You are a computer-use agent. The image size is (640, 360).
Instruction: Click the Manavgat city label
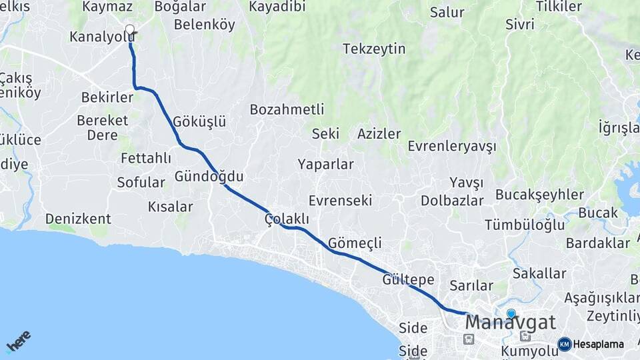510,323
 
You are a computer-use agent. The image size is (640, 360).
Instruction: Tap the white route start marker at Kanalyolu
129,29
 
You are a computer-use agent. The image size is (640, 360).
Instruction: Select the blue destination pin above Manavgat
511,313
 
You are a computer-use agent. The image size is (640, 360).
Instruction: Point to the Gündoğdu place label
209,177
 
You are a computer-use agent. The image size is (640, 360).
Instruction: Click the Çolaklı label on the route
287,219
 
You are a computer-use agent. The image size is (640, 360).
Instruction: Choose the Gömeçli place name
355,243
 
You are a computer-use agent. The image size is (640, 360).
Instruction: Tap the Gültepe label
408,279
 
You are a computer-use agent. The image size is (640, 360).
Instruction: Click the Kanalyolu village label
102,37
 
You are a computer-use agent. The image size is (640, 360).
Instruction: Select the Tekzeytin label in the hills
374,49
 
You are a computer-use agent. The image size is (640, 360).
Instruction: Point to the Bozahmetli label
287,109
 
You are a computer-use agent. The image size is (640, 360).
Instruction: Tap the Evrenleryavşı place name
452,146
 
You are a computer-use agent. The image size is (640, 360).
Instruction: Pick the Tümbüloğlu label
525,225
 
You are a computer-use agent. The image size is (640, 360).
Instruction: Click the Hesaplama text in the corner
599,344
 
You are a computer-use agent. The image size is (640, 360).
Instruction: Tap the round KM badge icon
565,344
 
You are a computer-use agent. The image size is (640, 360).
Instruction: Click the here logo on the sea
18,341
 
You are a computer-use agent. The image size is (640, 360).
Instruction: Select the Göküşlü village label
199,121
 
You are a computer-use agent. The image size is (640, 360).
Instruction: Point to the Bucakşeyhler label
539,195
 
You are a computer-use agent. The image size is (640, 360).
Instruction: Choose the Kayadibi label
277,7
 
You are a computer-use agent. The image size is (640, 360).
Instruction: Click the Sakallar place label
539,273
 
